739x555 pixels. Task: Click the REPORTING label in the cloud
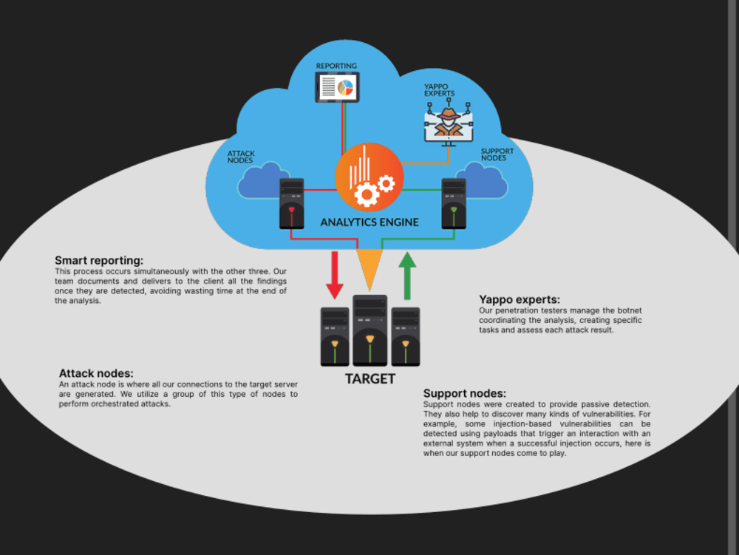[336, 66]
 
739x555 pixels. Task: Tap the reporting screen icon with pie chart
[337, 87]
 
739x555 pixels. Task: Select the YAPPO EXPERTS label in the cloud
[439, 90]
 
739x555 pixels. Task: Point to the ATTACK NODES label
[241, 157]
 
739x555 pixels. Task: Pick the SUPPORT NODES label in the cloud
[497, 154]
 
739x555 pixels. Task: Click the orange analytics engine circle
[369, 177]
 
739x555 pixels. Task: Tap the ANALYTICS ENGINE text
[369, 222]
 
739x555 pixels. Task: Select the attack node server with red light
[292, 203]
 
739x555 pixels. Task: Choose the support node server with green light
[454, 203]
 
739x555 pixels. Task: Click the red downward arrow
[335, 275]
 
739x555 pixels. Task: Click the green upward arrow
[407, 276]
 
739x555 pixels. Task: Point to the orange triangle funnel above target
[369, 268]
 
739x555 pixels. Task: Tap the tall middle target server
[370, 330]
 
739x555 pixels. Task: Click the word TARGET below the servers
[370, 379]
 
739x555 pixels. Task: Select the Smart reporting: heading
[99, 261]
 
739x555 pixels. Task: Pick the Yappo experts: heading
[520, 299]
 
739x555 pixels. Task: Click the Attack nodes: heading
[96, 374]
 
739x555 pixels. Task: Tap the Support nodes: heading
[465, 393]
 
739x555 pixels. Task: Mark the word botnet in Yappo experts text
[630, 310]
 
